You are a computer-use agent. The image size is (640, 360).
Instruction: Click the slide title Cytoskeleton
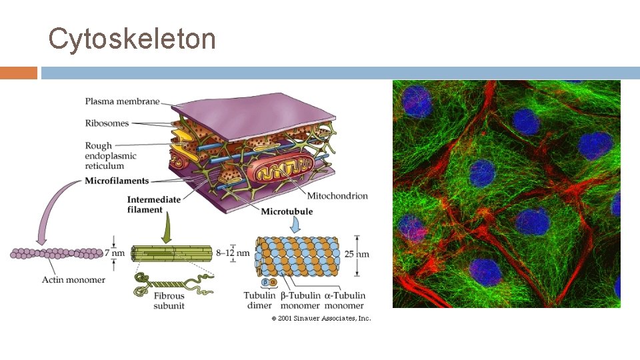pyautogui.click(x=132, y=39)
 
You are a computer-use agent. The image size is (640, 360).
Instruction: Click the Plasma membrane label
pyautogui.click(x=122, y=101)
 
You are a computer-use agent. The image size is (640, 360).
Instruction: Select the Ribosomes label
pyautogui.click(x=107, y=123)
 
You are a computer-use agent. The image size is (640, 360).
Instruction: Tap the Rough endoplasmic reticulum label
pyautogui.click(x=111, y=156)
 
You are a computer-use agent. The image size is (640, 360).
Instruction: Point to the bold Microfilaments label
pyautogui.click(x=117, y=181)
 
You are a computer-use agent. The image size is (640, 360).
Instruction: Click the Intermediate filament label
pyautogui.click(x=154, y=204)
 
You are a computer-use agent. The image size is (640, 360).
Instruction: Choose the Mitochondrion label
pyautogui.click(x=337, y=196)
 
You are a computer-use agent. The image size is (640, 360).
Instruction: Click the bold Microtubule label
pyautogui.click(x=287, y=211)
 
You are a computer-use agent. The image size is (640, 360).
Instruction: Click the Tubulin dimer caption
pyautogui.click(x=259, y=301)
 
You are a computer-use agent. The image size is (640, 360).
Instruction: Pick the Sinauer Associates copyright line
pyautogui.click(x=321, y=319)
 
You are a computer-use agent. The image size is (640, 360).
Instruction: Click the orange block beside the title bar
pyautogui.click(x=19, y=73)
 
